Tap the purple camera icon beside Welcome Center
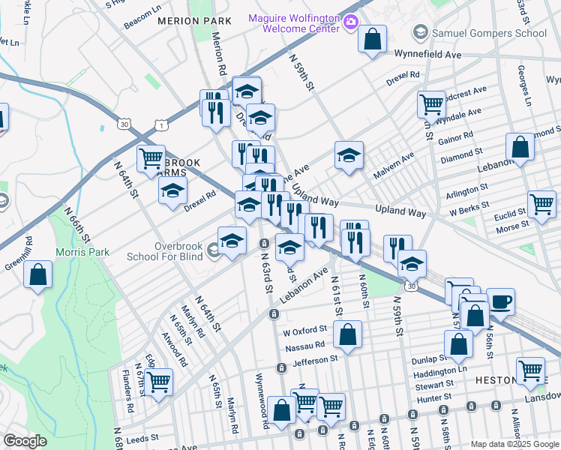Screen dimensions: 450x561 (350, 23)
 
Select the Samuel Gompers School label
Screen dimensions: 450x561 (488, 33)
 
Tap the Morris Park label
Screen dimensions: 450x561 (82, 253)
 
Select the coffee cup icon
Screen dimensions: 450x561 (501, 301)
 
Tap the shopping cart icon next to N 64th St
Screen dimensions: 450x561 (151, 158)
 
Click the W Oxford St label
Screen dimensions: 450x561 (305, 330)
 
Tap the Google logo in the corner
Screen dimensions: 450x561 (25, 441)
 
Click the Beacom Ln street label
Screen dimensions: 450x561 (141, 24)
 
